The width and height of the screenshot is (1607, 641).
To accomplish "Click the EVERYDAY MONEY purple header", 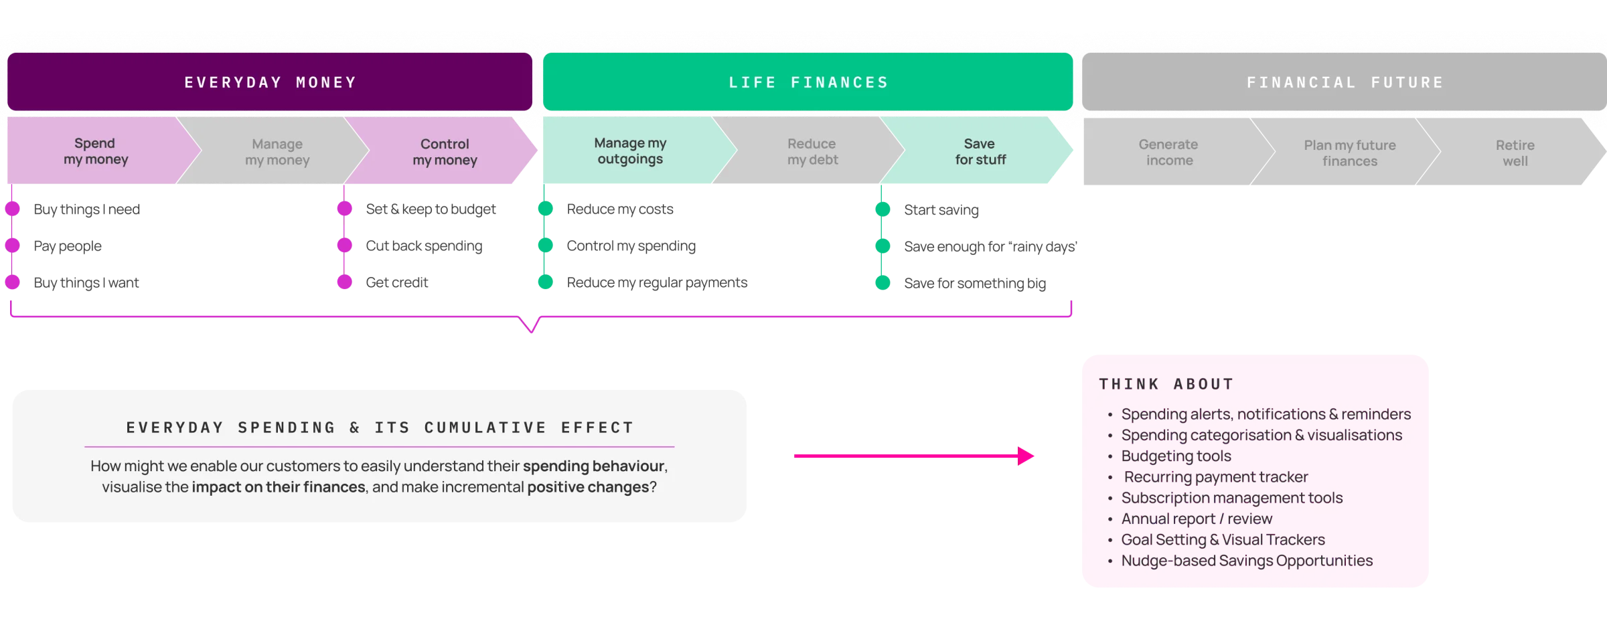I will (x=270, y=82).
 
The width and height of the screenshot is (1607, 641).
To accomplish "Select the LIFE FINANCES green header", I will (x=808, y=82).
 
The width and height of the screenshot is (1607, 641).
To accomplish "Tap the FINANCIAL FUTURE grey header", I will (x=1344, y=82).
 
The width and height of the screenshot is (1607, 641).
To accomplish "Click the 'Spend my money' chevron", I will (x=96, y=151).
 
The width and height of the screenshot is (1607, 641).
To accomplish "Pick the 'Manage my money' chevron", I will (x=277, y=152).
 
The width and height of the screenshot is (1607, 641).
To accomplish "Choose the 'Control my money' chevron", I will (x=445, y=152).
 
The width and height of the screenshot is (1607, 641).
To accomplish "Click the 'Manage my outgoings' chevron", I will (x=630, y=151).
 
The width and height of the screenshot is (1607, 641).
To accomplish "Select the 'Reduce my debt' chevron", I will (x=812, y=152).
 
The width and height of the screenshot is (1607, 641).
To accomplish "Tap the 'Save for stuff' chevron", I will (x=980, y=152).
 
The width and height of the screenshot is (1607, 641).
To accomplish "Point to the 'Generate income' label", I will (x=1168, y=153).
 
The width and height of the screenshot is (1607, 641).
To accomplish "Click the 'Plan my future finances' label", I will (x=1349, y=153).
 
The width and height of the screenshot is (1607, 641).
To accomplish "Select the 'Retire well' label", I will (x=1515, y=153).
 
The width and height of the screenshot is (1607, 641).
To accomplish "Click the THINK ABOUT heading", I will (x=1166, y=384).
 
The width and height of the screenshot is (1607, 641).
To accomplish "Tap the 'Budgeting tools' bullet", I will (x=1176, y=456).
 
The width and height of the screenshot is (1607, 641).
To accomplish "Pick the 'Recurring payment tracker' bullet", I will (x=1215, y=477).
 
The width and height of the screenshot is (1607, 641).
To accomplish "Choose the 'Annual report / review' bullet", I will (x=1197, y=519).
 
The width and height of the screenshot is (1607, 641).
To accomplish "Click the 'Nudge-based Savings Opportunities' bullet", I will (x=1246, y=561).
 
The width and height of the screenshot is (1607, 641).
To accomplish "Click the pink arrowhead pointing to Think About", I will (x=1028, y=456).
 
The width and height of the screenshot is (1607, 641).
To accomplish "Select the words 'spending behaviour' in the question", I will (x=594, y=466).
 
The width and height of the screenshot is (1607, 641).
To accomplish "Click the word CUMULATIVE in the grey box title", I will (x=485, y=428).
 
